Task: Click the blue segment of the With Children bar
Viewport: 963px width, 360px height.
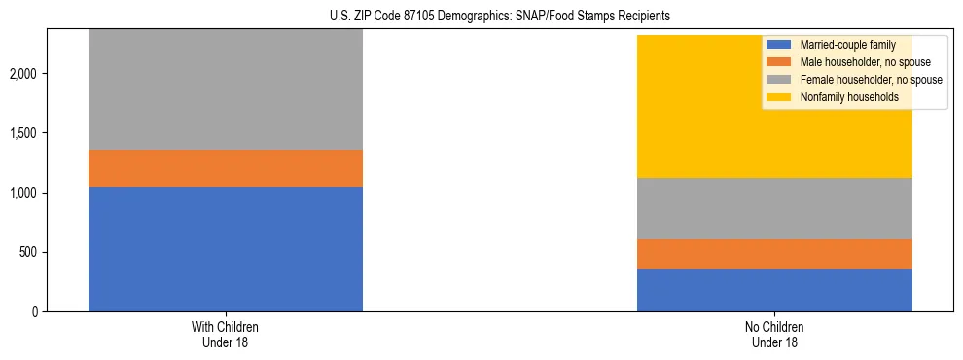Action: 225,248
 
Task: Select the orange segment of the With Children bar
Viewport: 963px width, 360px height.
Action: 225,168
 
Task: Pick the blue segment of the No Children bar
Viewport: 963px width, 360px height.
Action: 774,290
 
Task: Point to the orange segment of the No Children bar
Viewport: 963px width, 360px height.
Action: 774,254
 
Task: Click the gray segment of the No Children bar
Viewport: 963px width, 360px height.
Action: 774,208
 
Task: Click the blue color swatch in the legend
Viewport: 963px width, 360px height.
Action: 779,45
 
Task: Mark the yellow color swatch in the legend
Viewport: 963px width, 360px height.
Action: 779,97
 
